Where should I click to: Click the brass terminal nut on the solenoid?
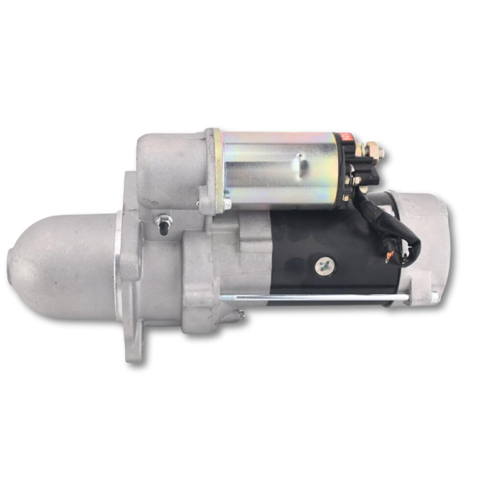tap(373, 148)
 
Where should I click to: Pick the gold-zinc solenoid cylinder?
tap(280, 168)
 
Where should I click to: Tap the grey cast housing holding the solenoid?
tap(168, 168)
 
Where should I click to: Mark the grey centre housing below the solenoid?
tap(224, 266)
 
